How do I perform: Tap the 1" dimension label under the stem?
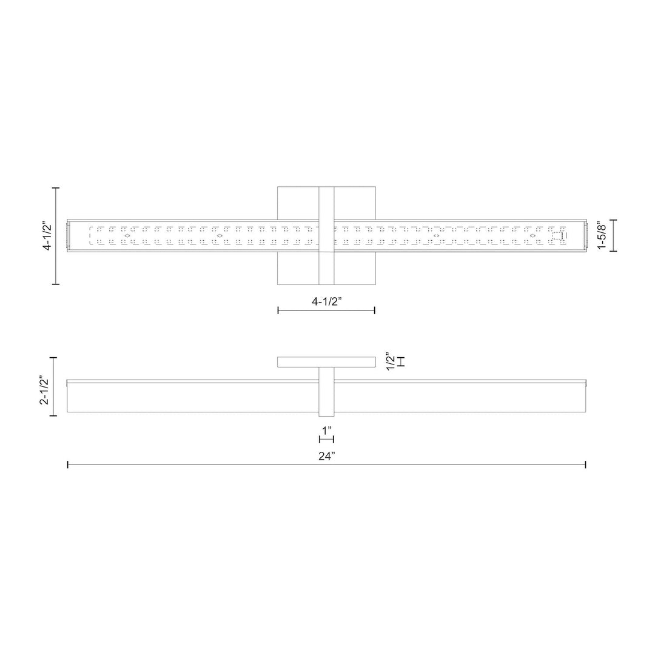click(327, 429)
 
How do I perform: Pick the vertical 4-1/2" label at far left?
click(47, 236)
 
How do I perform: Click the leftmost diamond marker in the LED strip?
click(127, 235)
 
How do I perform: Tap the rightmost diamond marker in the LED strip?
click(532, 235)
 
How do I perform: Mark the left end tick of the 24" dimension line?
click(67, 465)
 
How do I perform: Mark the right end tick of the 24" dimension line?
click(585, 465)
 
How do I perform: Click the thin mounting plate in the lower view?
click(326, 362)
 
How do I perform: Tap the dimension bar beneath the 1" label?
click(326, 438)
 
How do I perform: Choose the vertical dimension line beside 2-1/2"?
click(55, 387)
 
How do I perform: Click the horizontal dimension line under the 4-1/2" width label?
click(326, 310)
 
